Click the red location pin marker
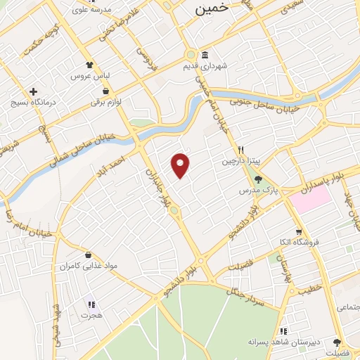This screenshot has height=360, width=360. (x=181, y=165)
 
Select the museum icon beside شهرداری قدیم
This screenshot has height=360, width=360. (x=205, y=56)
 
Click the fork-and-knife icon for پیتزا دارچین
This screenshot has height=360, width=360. (x=240, y=149)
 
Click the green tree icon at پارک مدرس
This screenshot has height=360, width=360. (x=266, y=178)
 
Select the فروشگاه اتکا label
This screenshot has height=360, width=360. (x=299, y=243)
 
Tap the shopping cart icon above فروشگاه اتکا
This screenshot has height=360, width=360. (x=299, y=231)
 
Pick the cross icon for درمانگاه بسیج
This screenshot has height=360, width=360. (x=33, y=91)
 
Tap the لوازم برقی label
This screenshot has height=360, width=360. (x=105, y=103)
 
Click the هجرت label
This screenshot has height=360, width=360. (x=91, y=316)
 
